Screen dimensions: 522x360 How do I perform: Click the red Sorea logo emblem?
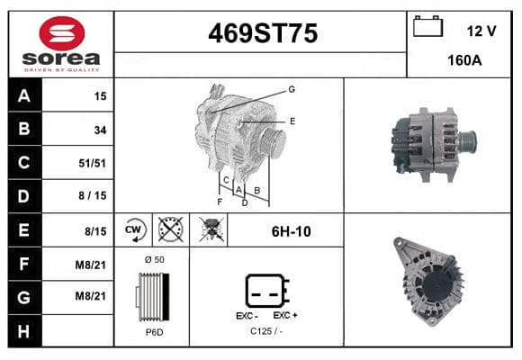pyautogui.click(x=62, y=33)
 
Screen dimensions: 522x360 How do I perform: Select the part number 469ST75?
pyautogui.click(x=263, y=33)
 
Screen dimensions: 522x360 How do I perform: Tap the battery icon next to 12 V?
pyautogui.click(x=427, y=26)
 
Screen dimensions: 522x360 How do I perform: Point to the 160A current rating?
pyautogui.click(x=464, y=60)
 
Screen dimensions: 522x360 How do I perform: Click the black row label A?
pyautogui.click(x=24, y=95)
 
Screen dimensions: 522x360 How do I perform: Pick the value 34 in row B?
pyautogui.click(x=100, y=130)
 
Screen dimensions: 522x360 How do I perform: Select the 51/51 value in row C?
pyautogui.click(x=92, y=163)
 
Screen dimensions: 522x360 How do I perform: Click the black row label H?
pyautogui.click(x=24, y=331)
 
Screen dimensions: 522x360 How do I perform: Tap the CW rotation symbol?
pyautogui.click(x=133, y=229)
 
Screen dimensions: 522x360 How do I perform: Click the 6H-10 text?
pyautogui.click(x=292, y=231)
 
